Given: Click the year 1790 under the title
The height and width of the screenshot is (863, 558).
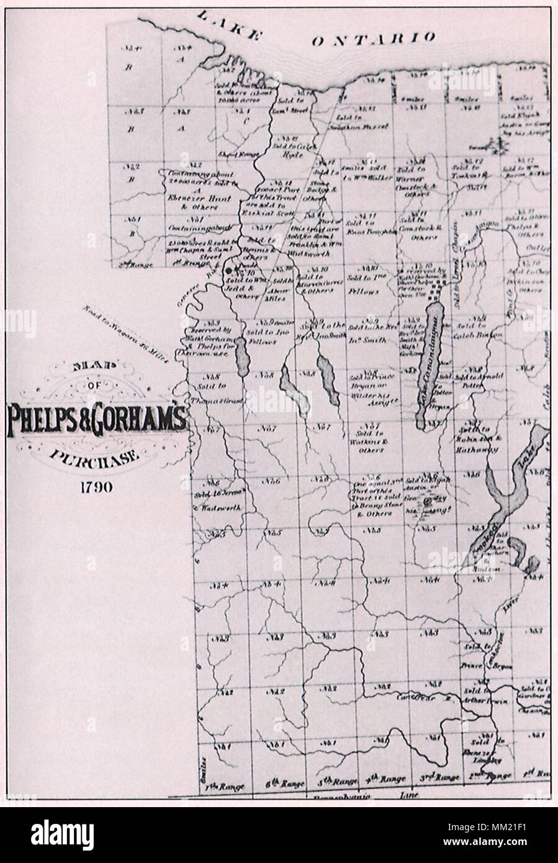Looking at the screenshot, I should point(95,486).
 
